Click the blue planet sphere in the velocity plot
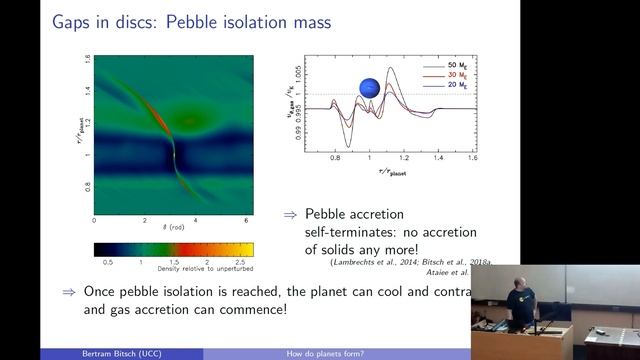click(370, 90)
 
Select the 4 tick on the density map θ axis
click(195, 219)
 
